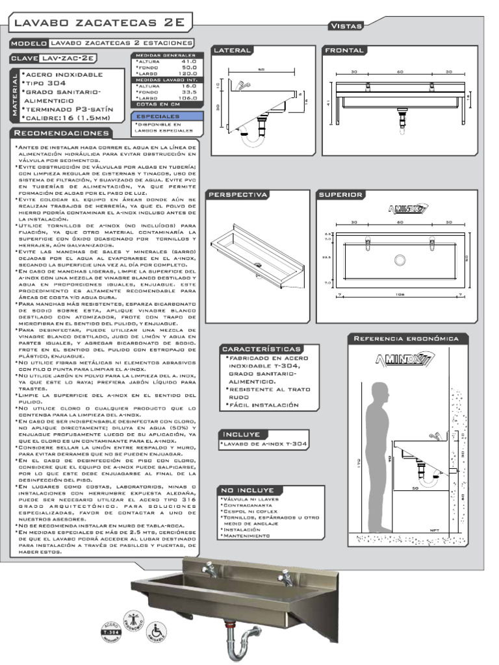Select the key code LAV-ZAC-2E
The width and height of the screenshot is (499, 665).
[x=69, y=58]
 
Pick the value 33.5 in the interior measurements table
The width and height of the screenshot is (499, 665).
[x=189, y=92]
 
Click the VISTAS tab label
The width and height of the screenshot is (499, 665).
[x=346, y=25]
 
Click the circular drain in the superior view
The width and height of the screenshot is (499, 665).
[x=400, y=260]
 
